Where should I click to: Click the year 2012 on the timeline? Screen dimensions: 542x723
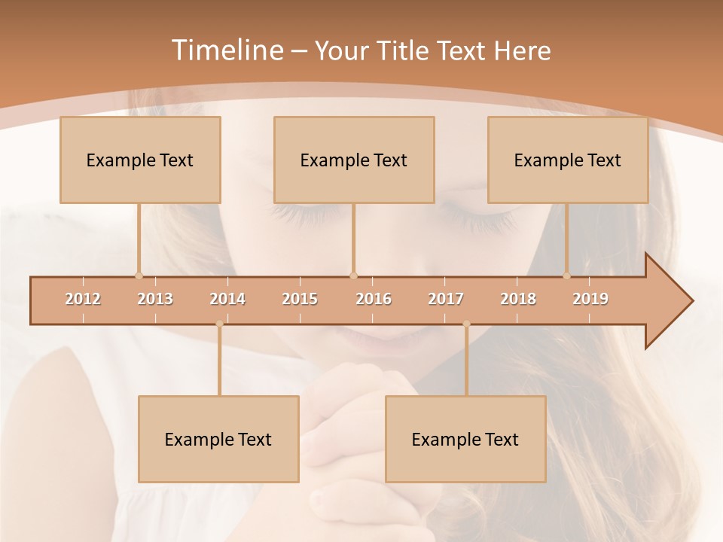(83, 299)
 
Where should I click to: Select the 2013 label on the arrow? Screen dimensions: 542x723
(155, 299)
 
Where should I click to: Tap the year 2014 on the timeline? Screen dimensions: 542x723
(227, 299)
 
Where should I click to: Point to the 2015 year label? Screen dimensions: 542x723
(300, 299)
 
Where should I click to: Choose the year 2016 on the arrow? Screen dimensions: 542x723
(374, 299)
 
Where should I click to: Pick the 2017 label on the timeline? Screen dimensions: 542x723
(446, 299)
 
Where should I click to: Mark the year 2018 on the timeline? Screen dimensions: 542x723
(518, 299)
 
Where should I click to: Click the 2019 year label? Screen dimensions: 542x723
(590, 299)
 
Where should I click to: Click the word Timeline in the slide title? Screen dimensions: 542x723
(226, 50)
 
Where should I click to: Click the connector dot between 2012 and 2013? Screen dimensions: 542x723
(139, 276)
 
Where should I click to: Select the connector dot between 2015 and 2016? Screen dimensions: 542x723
(353, 276)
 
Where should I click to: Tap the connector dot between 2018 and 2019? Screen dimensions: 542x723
(567, 276)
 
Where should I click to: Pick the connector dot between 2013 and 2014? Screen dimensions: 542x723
(219, 324)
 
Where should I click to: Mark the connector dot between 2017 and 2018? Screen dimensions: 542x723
(466, 324)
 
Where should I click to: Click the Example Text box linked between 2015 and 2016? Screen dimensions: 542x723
(353, 160)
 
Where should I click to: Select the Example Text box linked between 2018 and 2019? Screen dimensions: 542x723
(568, 160)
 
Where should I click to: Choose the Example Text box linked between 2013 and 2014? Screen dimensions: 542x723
(218, 439)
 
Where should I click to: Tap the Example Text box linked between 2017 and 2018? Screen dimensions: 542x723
(465, 439)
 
